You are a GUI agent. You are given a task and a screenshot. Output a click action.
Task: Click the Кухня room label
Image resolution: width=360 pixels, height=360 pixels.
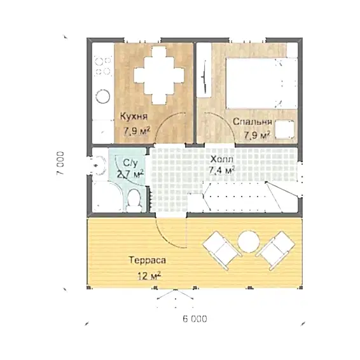[134, 116]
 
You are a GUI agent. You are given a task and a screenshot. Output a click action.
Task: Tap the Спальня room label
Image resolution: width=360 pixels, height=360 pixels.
[253, 121]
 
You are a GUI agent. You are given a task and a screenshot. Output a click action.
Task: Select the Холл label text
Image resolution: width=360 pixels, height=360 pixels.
[222, 159]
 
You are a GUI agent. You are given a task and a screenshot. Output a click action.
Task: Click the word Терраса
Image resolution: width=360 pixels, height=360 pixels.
[147, 260]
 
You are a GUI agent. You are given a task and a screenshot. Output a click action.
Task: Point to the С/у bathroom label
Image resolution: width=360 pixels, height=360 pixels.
[130, 163]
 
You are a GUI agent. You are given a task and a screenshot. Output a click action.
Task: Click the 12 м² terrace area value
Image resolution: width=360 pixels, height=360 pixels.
[149, 275]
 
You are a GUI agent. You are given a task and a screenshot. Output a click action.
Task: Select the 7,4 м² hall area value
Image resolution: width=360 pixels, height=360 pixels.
[222, 170]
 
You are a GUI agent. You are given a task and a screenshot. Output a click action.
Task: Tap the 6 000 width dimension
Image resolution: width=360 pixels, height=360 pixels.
[195, 319]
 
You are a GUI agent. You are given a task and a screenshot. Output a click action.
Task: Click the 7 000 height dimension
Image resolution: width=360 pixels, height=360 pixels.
[60, 163]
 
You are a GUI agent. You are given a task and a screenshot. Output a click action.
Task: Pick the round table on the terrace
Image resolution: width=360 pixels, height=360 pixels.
[249, 242]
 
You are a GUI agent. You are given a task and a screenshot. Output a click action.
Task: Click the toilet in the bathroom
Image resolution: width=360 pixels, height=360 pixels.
[134, 200]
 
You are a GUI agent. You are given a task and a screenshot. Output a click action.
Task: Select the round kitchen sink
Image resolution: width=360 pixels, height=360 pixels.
[102, 97]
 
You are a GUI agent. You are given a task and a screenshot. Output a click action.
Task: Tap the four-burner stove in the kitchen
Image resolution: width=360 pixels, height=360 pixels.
[103, 66]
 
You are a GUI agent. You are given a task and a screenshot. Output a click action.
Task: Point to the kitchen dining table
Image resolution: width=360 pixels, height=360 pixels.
[159, 76]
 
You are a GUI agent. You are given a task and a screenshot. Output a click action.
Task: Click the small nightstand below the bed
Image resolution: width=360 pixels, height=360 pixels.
[285, 130]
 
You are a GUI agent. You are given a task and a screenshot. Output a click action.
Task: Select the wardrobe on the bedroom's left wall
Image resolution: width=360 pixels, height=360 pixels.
[204, 70]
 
